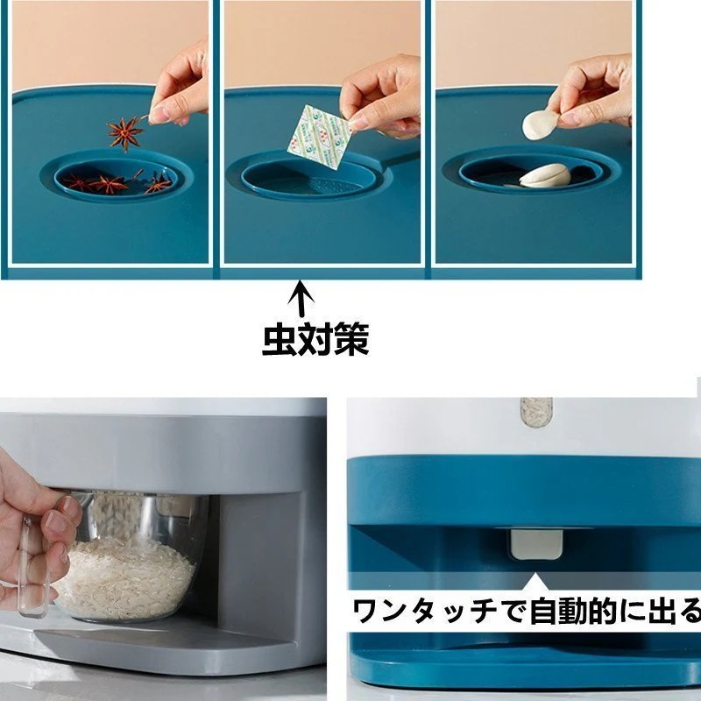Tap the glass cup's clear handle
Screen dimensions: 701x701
[35, 561]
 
